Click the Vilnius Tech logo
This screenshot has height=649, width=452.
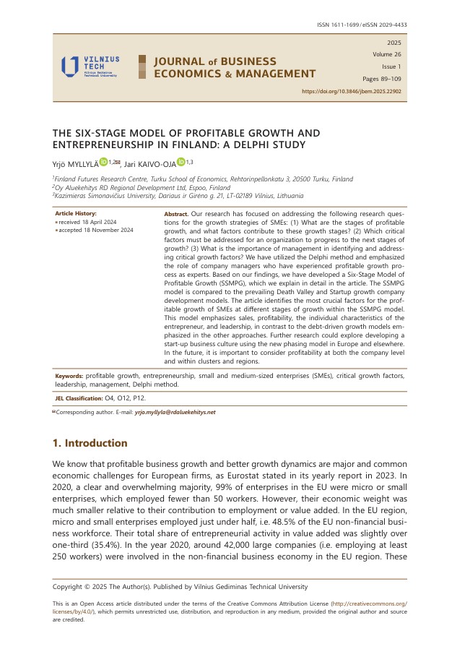pyautogui.click(x=90, y=66)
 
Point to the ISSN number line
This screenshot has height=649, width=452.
pyautogui.click(x=362, y=25)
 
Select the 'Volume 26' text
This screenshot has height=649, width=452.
pyautogui.click(x=388, y=54)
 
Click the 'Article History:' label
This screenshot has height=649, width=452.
pyautogui.click(x=75, y=214)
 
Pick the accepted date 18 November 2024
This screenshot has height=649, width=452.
pyautogui.click(x=97, y=230)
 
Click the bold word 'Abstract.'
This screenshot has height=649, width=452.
pyautogui.click(x=177, y=215)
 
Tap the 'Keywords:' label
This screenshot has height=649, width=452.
pyautogui.click(x=69, y=377)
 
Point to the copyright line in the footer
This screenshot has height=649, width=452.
pyautogui.click(x=181, y=586)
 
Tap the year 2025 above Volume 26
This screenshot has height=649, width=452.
pyautogui.click(x=394, y=43)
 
